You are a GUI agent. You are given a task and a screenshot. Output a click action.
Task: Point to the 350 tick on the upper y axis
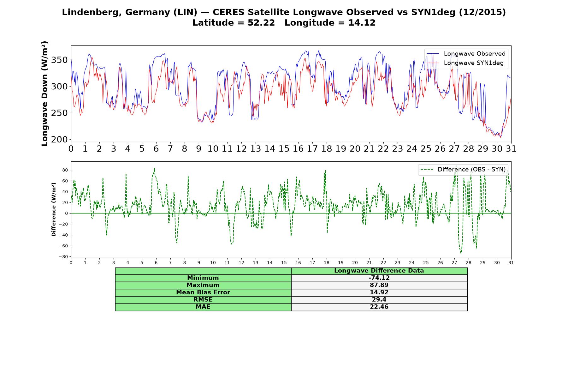[60, 60]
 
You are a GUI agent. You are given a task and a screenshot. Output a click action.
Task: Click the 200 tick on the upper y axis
[60, 139]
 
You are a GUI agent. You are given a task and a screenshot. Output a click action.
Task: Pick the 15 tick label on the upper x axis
[284, 148]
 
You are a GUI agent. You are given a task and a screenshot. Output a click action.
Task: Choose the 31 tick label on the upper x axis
[511, 148]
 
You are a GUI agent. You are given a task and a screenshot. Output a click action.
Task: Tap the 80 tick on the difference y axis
[65, 170]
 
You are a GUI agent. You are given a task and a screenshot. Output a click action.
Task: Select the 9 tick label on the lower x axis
[199, 262]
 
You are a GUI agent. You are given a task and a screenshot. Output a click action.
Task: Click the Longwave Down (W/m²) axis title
[44, 93]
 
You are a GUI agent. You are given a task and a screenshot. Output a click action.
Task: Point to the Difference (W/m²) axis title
[54, 209]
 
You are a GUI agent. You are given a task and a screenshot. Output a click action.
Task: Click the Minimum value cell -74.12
[379, 278]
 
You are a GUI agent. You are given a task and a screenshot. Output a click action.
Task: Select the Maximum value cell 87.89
[379, 285]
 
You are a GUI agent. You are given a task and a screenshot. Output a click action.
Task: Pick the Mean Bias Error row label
[203, 292]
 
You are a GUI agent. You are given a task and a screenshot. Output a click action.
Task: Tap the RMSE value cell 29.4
[379, 300]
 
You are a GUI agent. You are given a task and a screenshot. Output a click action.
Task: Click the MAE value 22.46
[379, 307]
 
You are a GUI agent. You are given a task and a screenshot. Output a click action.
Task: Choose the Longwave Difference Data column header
[379, 271]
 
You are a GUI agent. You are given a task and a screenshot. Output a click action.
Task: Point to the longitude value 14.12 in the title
[362, 23]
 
